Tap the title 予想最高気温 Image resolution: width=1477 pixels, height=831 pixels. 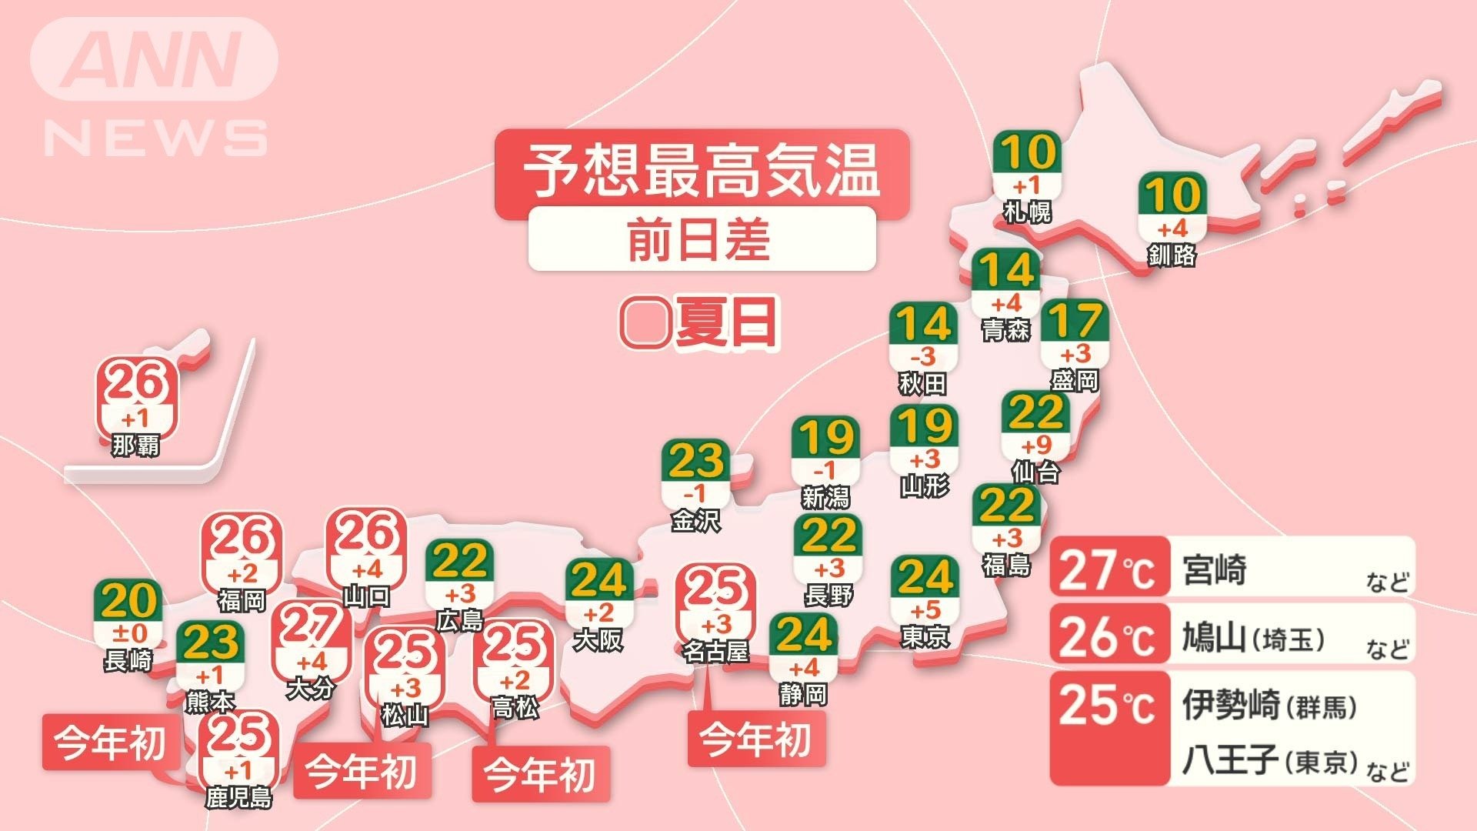701,171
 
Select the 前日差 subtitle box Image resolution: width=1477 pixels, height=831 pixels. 701,239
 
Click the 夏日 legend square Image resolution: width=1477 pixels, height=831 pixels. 644,323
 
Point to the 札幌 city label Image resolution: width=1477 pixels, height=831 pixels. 1027,211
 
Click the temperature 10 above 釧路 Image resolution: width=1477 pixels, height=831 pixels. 1172,195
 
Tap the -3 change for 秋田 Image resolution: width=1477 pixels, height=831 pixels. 923,356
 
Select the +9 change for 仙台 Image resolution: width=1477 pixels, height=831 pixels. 1035,445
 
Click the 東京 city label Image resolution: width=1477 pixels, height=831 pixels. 925,637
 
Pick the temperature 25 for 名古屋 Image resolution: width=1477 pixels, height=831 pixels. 715,589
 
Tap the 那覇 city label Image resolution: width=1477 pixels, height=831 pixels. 135,445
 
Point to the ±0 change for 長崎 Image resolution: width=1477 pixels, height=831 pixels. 128,634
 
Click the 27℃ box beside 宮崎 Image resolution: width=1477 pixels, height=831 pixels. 1109,570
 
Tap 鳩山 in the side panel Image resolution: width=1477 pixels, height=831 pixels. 1213,638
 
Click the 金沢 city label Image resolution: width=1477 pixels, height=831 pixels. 695,521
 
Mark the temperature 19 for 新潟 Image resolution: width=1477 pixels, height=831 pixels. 825,439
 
